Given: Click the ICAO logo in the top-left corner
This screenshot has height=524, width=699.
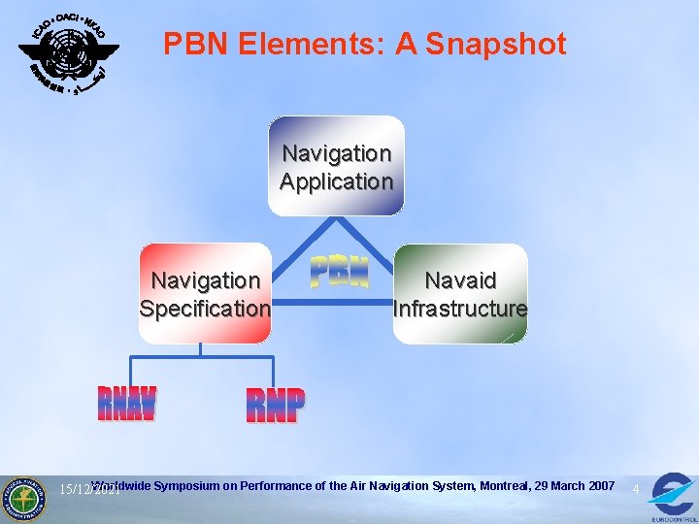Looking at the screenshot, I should pyautogui.click(x=69, y=53).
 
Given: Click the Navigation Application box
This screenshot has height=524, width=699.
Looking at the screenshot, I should pyautogui.click(x=336, y=166).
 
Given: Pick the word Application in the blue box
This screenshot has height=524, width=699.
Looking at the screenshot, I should pyautogui.click(x=336, y=181).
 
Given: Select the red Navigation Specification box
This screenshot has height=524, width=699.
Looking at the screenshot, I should pyautogui.click(x=205, y=293).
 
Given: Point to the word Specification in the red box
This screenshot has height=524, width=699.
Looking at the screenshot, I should pyautogui.click(x=205, y=309).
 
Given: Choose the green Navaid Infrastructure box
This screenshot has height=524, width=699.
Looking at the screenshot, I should pyautogui.click(x=460, y=293).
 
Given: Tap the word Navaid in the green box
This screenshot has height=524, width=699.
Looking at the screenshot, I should pyautogui.click(x=461, y=280).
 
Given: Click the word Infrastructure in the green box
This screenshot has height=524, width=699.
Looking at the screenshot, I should pyautogui.click(x=460, y=309).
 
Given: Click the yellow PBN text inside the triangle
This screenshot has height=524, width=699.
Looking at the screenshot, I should pyautogui.click(x=339, y=273).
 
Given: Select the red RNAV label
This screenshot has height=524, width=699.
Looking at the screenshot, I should pyautogui.click(x=127, y=404).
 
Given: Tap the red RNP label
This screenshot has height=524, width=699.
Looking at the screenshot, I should pyautogui.click(x=275, y=406).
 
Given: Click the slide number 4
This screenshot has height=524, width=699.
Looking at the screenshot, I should pyautogui.click(x=635, y=489).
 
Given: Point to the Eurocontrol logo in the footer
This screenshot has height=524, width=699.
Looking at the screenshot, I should pyautogui.click(x=672, y=496).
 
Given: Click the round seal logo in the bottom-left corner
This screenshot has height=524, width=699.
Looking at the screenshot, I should pyautogui.click(x=23, y=498).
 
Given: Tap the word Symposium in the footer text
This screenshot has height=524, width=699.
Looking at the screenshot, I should pyautogui.click(x=185, y=485).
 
